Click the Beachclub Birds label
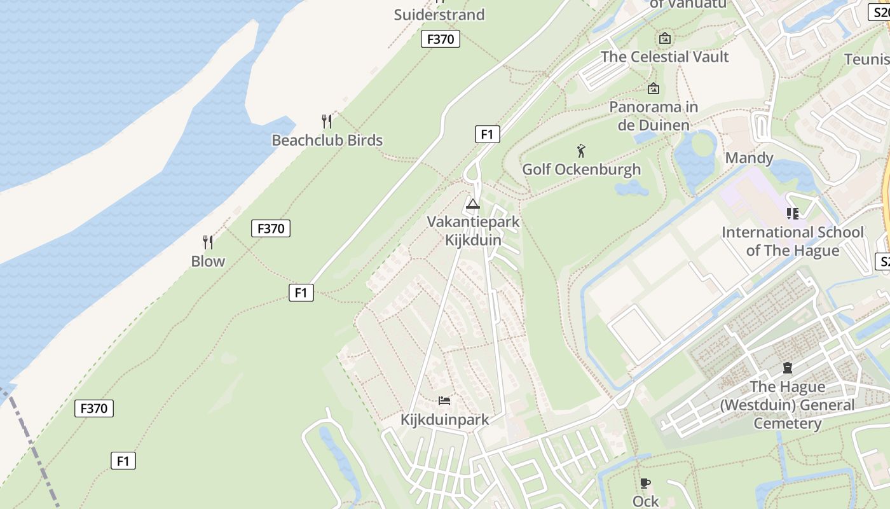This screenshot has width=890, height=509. (327, 140)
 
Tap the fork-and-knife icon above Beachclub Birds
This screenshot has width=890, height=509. (327, 121)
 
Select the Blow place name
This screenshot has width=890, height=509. (208, 261)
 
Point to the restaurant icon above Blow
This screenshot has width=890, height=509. (208, 242)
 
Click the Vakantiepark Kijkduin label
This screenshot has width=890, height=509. (473, 231)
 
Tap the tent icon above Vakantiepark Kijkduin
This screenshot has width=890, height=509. (472, 204)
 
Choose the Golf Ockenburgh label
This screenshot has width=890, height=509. (581, 169)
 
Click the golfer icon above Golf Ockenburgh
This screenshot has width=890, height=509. (580, 151)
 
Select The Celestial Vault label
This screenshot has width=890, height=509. (664, 57)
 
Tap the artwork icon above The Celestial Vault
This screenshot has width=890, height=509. (664, 38)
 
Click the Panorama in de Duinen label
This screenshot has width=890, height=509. (654, 116)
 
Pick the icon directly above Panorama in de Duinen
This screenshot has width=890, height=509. (653, 88)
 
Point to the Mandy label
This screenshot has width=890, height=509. (749, 158)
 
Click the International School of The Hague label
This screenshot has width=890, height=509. (792, 241)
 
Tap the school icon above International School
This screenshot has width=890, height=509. (792, 214)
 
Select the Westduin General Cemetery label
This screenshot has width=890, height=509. (787, 405)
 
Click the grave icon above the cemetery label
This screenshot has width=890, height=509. (787, 368)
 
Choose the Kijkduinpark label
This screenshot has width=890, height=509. (444, 419)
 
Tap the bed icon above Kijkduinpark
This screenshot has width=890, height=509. (444, 401)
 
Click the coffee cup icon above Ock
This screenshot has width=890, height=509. (645, 483)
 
